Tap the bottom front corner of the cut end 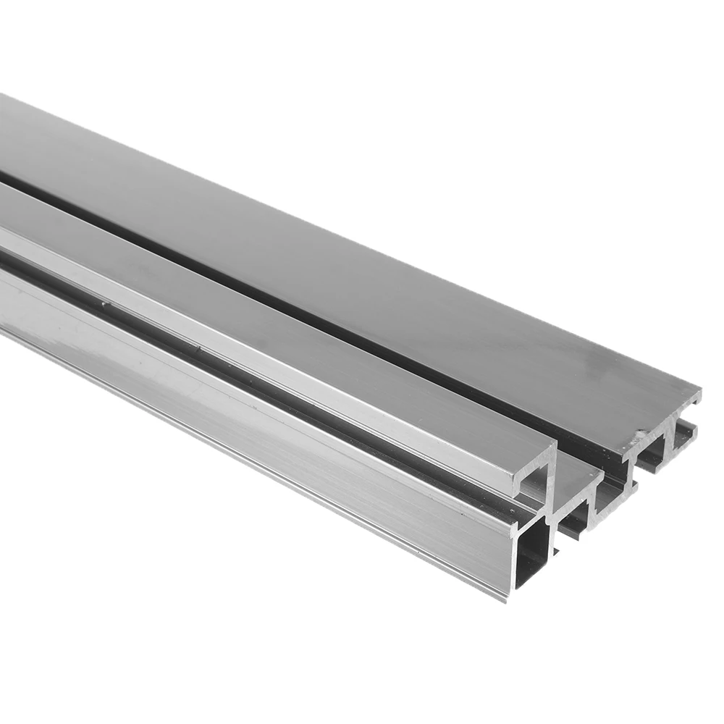506,599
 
